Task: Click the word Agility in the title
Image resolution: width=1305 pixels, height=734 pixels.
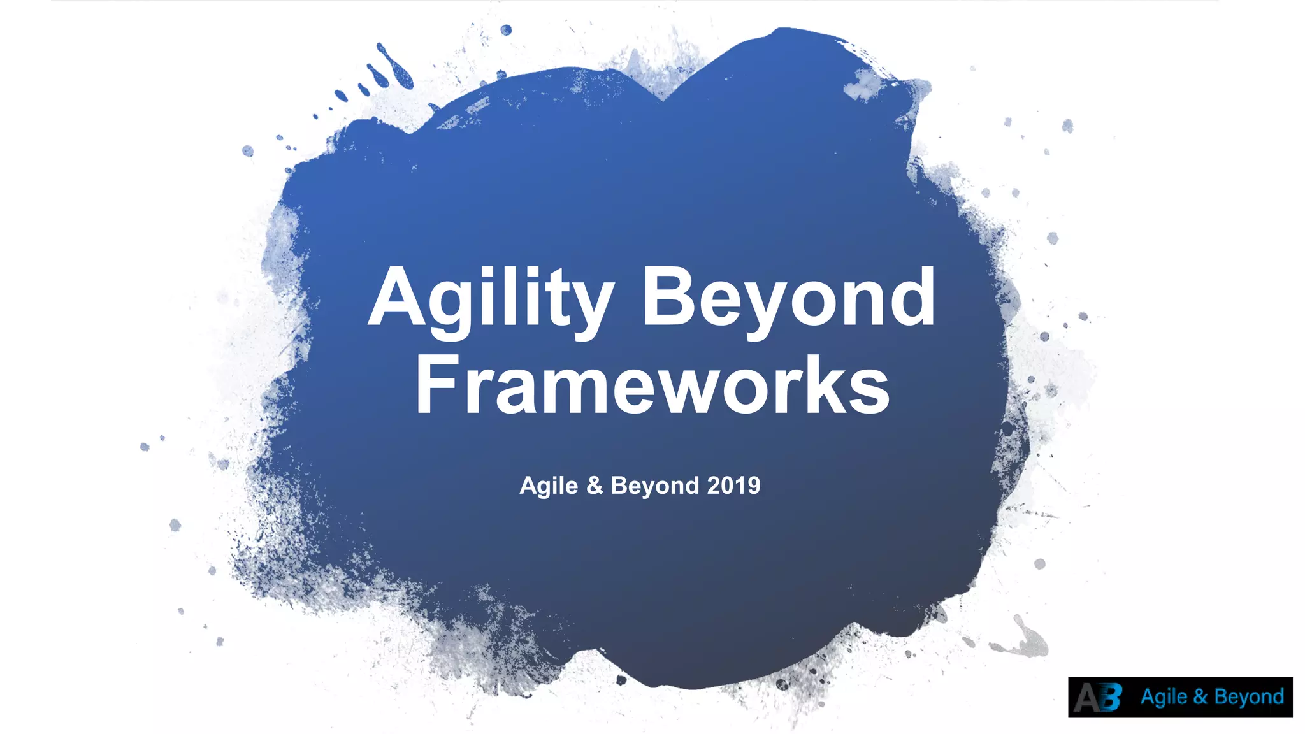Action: pyautogui.click(x=491, y=299)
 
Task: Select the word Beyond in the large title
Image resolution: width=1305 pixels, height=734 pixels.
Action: pyautogui.click(x=788, y=299)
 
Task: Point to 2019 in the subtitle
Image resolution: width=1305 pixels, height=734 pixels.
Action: pyautogui.click(x=733, y=486)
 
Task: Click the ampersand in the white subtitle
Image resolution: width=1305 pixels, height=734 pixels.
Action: pyautogui.click(x=595, y=486)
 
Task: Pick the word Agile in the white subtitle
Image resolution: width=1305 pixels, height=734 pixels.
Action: pyautogui.click(x=549, y=486)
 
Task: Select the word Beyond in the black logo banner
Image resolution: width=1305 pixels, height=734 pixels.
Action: pyautogui.click(x=1249, y=697)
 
